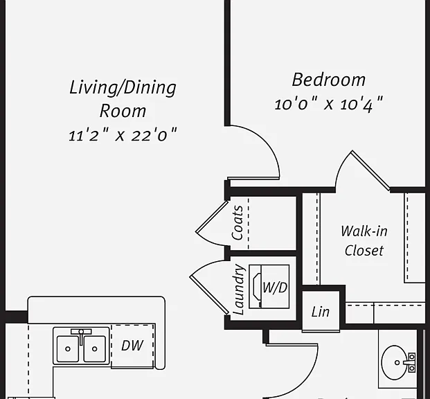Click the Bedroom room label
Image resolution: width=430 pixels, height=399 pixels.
coord(328,80)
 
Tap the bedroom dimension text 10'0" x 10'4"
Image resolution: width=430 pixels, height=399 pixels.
coord(328,104)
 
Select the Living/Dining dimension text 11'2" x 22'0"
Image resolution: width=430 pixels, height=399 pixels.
coord(123,135)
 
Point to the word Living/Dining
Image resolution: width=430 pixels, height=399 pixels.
coord(123,88)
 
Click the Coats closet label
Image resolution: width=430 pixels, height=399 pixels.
coord(238,223)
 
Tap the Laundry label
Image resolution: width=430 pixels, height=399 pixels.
coord(238,290)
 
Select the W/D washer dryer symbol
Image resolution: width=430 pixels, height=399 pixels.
coord(269,287)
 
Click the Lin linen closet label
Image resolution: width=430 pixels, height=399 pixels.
coord(321,312)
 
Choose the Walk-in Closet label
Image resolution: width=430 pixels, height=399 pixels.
coord(364,240)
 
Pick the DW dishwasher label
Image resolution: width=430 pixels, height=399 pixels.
coord(132,346)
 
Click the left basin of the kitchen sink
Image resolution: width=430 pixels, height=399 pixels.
coord(68,349)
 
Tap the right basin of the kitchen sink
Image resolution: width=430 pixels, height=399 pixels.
coord(94,349)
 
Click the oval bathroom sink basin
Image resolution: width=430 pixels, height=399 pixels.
coord(395,362)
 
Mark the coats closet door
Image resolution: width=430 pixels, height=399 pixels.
coord(212,217)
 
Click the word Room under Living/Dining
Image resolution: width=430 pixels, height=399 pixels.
coord(123,111)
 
